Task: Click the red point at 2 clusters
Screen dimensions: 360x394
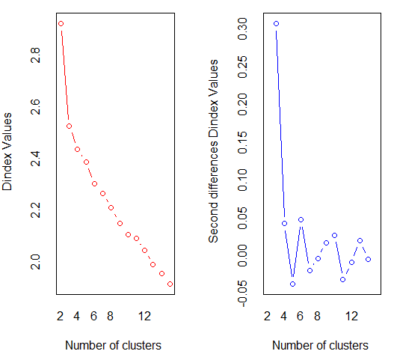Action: point(61,24)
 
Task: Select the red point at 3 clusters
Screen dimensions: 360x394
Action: point(69,126)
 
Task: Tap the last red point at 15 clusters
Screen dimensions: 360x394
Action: point(170,284)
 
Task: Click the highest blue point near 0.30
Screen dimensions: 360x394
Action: point(276,24)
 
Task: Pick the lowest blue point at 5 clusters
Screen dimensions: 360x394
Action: point(293,284)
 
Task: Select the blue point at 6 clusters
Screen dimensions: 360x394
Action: point(301,220)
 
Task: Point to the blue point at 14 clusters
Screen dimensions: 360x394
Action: point(369,259)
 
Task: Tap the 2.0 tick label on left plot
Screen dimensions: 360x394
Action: point(34,262)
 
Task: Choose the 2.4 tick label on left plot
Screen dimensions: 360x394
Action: point(34,158)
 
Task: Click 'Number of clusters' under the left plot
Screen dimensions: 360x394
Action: point(114,346)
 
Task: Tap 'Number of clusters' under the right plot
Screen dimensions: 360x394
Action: point(321,346)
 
